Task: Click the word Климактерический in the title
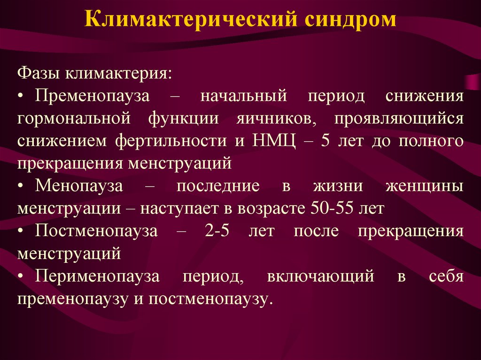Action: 191,20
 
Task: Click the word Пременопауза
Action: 93,96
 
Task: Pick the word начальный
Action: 244,96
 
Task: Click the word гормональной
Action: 74,118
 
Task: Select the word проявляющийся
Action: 399,118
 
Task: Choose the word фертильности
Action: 171,141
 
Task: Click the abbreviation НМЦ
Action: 275,141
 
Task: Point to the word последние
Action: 218,186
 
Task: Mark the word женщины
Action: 425,186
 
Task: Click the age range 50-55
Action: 332,208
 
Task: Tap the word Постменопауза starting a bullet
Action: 96,230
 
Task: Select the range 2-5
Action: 217,230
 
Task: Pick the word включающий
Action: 320,276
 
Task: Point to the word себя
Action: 446,276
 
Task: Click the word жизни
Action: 338,186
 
